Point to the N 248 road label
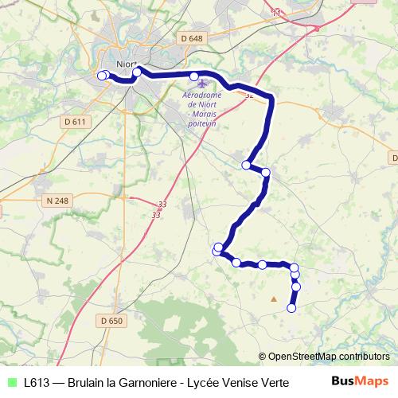(x=58, y=201)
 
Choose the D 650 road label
(x=112, y=321)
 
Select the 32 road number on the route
(x=249, y=96)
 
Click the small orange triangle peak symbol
(x=274, y=299)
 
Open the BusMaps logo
(x=359, y=381)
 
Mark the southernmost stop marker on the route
(x=291, y=308)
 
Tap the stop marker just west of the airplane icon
(x=194, y=76)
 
